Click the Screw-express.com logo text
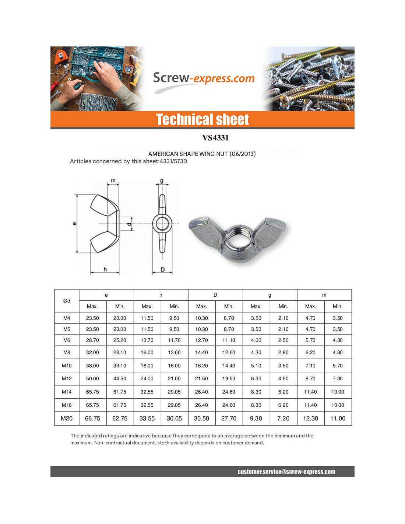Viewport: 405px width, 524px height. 204,78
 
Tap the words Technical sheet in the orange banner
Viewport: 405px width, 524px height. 202,120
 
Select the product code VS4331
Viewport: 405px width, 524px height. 215,138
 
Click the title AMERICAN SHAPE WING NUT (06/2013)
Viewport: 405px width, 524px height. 202,154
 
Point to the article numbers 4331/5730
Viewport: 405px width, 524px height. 173,161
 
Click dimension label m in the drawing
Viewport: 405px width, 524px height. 113,181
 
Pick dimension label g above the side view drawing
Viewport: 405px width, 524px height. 162,181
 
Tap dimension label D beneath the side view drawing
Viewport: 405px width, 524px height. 162,269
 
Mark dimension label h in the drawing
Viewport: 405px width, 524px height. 105,269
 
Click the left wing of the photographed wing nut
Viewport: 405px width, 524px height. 206,230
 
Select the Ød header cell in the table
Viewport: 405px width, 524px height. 67,301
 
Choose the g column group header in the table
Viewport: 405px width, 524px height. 270,295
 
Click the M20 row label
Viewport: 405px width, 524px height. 67,418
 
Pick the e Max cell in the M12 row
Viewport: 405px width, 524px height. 92,378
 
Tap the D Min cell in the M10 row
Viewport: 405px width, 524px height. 229,366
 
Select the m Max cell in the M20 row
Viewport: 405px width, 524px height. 310,418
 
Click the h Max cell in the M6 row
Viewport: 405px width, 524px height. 147,340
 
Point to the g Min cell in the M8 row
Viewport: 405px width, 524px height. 283,352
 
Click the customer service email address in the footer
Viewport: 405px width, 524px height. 286,472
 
